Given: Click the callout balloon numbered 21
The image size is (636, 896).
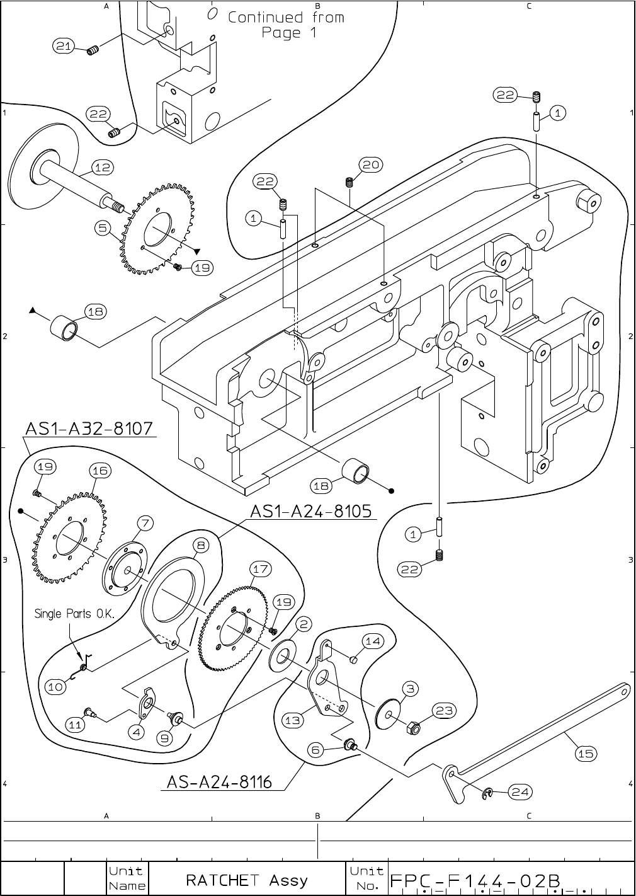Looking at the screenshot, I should point(64,45).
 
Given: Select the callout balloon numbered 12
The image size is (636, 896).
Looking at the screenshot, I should point(102,167).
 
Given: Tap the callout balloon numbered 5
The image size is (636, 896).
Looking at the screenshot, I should point(104,227).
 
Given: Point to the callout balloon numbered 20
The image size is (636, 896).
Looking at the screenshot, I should point(370,165).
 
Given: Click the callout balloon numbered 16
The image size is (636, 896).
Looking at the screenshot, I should point(99,471).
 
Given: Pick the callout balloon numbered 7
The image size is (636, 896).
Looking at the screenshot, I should point(144,523).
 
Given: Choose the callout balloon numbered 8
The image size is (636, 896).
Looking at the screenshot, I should point(200,545).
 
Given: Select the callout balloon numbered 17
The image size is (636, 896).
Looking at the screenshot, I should point(261,569).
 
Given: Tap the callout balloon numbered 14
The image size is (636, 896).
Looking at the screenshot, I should point(373,641).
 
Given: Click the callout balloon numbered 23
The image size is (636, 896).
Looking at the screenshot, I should point(444,711).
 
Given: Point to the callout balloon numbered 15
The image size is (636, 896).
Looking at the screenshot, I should point(585,754).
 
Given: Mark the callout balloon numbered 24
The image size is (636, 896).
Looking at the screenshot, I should point(520,792).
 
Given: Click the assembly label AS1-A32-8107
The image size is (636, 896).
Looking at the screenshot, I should point(89,428).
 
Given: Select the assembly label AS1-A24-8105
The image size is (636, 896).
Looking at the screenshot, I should point(313,511).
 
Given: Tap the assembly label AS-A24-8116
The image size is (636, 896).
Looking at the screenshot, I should point(219,782).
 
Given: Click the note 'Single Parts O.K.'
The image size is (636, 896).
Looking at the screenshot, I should point(74,614).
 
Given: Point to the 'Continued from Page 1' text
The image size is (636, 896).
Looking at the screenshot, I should point(286,25).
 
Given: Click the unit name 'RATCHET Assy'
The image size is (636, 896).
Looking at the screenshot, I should point(247,880).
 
